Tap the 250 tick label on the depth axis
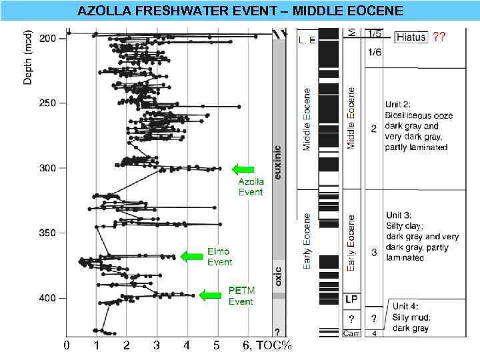coord(48,103)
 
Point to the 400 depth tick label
coord(48,298)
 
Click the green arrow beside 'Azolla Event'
coord(243,169)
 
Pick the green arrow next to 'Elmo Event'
coord(192,256)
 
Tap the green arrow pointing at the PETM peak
coord(211,295)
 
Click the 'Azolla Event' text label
coord(251,187)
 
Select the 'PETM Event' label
coord(241,296)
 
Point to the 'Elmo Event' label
coord(219,257)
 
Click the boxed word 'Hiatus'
coord(411,37)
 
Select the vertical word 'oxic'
coord(278,275)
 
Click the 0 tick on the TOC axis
coord(66,345)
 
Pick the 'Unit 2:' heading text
coord(403,105)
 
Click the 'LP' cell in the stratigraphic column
coord(351,298)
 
